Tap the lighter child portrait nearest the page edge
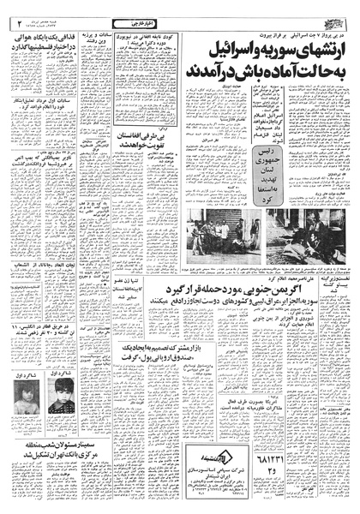point(25,417)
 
